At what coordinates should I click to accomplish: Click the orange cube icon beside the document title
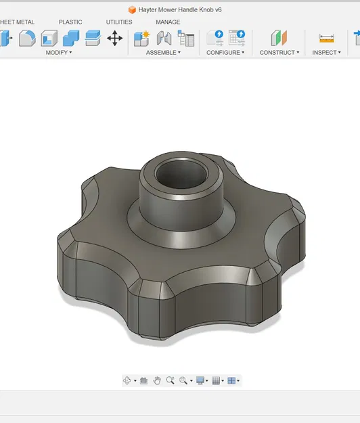coord(132,9)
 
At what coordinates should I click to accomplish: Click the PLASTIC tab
coord(70,22)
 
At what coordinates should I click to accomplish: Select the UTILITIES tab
coord(119,22)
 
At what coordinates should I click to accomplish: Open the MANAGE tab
coord(168,22)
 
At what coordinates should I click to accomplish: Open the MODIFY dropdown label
coord(59,52)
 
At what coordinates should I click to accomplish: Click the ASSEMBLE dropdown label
coord(163,52)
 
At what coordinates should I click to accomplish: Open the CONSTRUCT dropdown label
coord(279,52)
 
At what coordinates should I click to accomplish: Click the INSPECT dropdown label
coord(326,52)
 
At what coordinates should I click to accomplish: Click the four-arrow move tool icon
coord(115,38)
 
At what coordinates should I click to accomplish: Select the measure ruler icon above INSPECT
coord(327,38)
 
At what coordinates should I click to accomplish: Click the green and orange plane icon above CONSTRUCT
coord(279,38)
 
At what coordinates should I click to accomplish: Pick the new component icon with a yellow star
coord(141,38)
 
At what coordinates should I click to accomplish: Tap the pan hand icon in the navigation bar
coord(157,380)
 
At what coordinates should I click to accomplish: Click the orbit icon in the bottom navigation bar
coord(127,380)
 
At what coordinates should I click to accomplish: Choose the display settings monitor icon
coord(200,380)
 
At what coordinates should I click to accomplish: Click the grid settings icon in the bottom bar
coord(216,380)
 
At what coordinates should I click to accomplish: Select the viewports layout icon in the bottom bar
coord(232,380)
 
